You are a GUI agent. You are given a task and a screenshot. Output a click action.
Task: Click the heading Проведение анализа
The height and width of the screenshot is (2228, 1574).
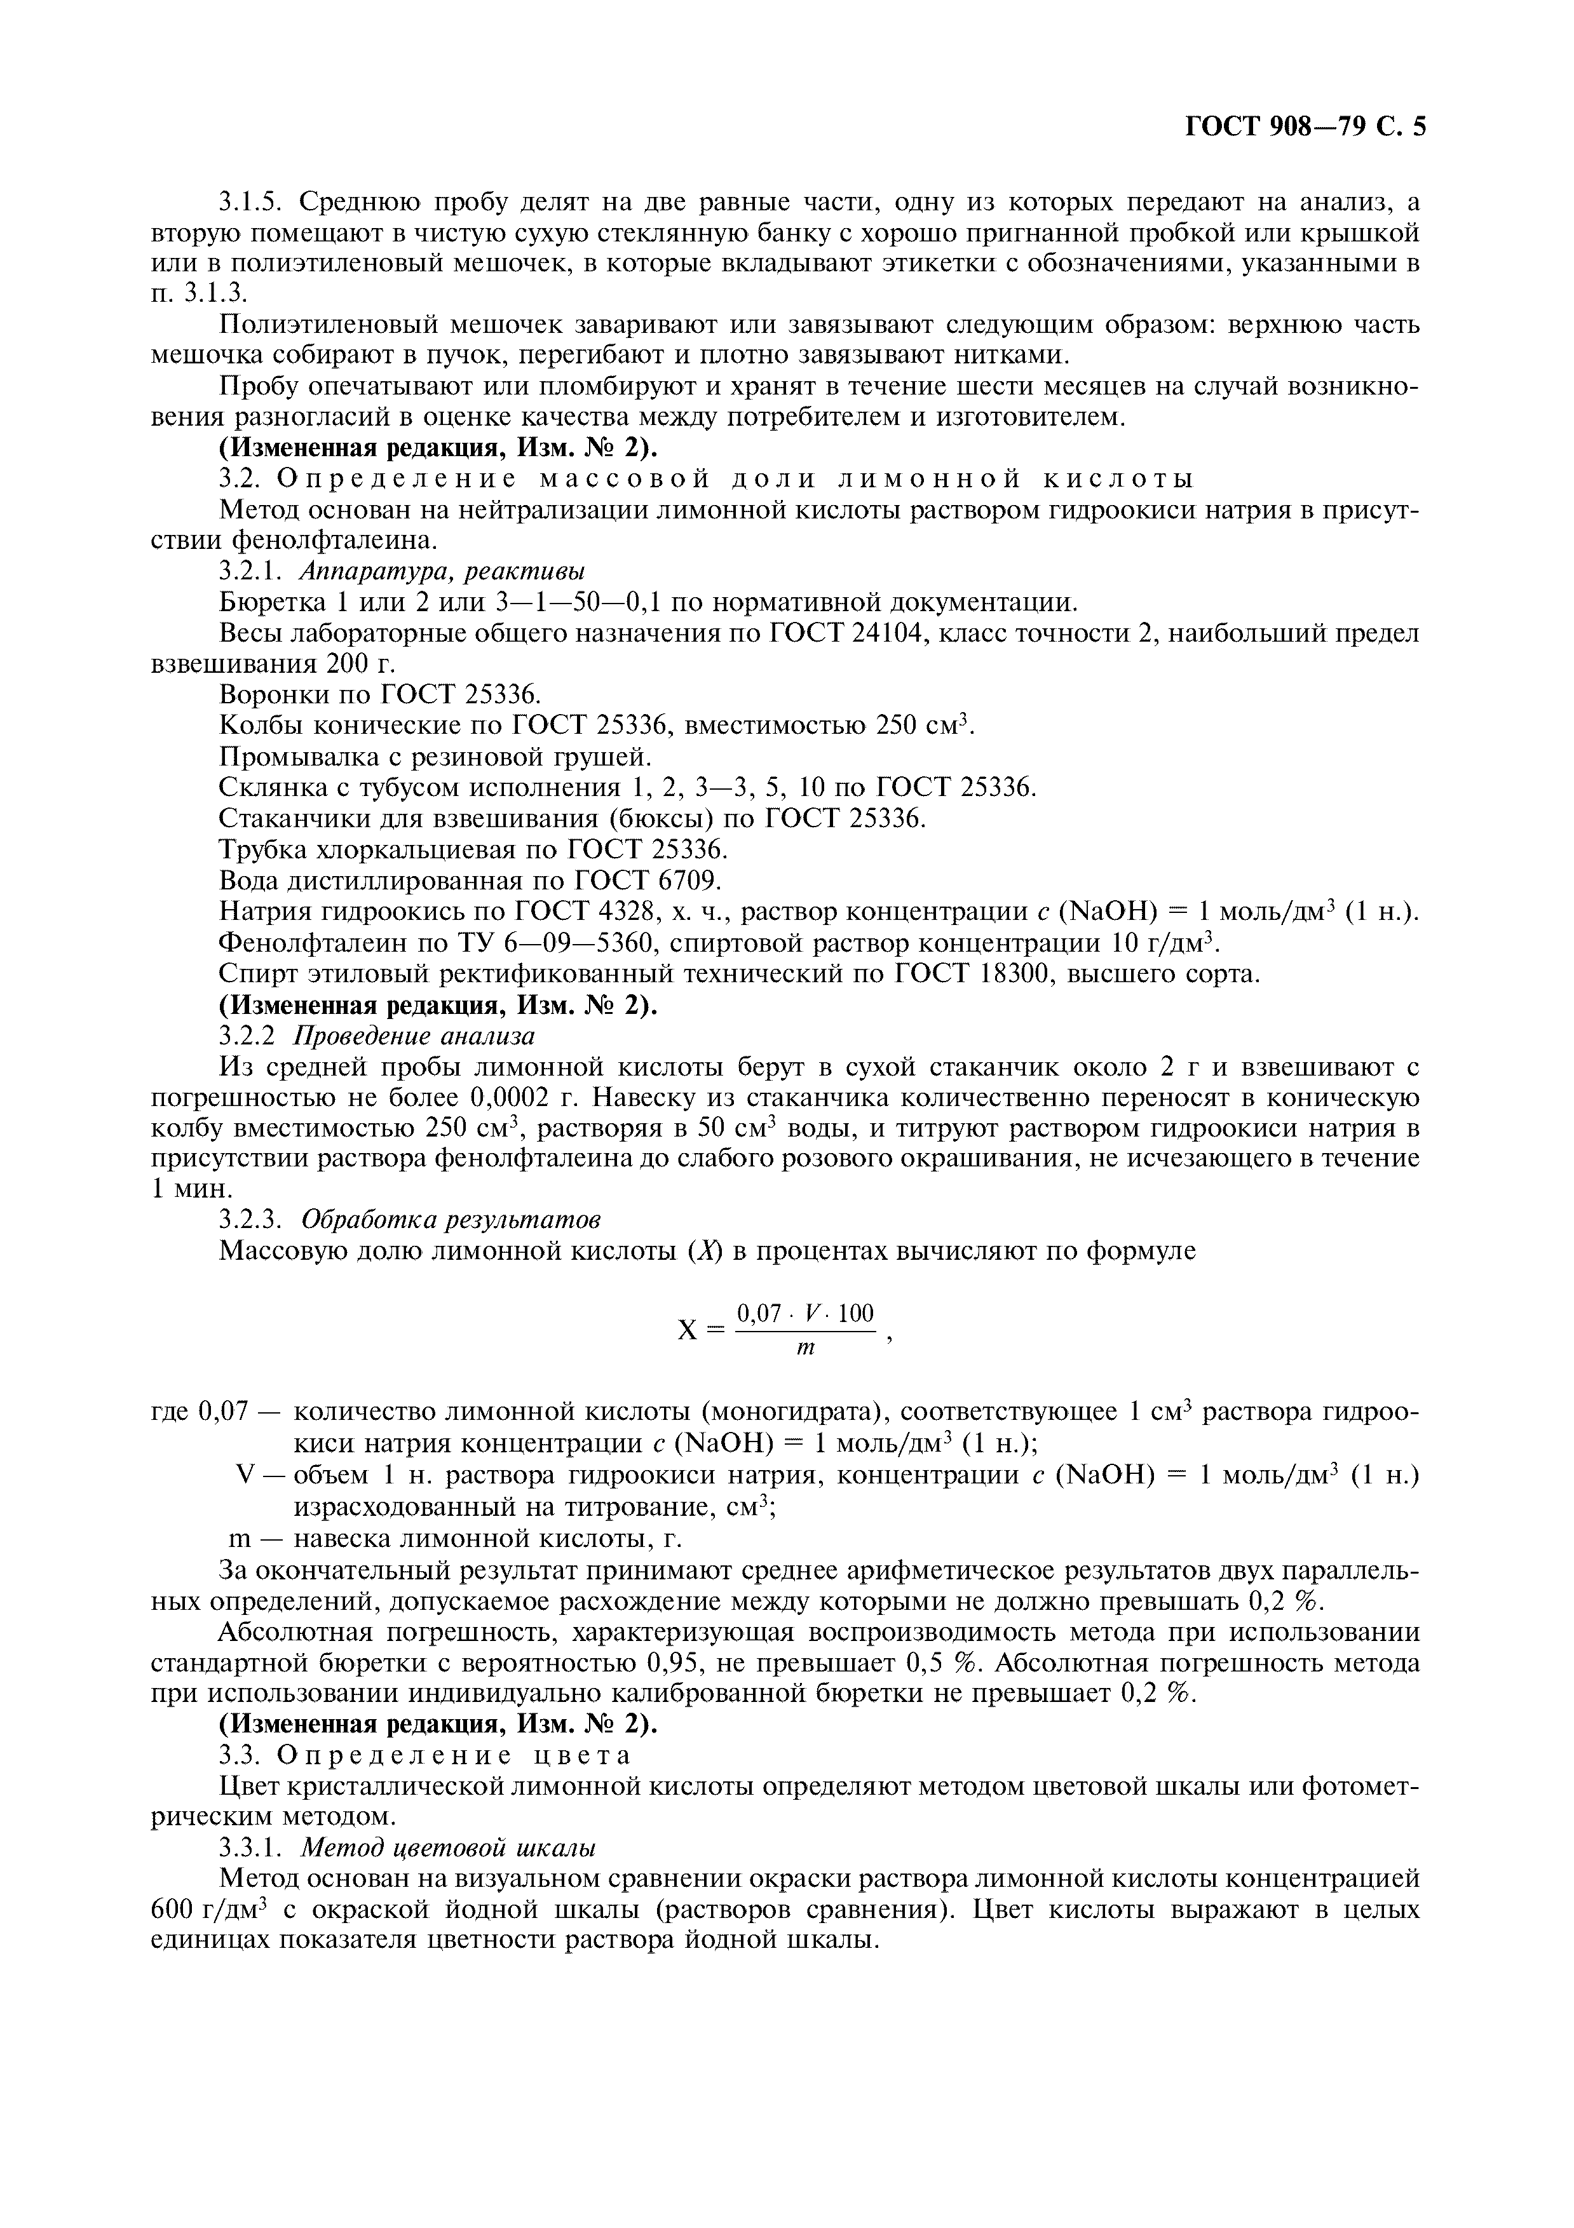pyautogui.click(x=414, y=1036)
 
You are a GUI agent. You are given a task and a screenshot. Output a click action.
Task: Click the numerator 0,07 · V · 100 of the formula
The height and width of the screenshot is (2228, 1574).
pyautogui.click(x=806, y=1314)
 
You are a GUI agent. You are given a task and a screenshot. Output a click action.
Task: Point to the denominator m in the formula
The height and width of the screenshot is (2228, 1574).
pyautogui.click(x=806, y=1348)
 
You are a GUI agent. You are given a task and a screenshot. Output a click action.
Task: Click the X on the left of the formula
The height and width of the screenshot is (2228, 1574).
pyautogui.click(x=687, y=1330)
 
